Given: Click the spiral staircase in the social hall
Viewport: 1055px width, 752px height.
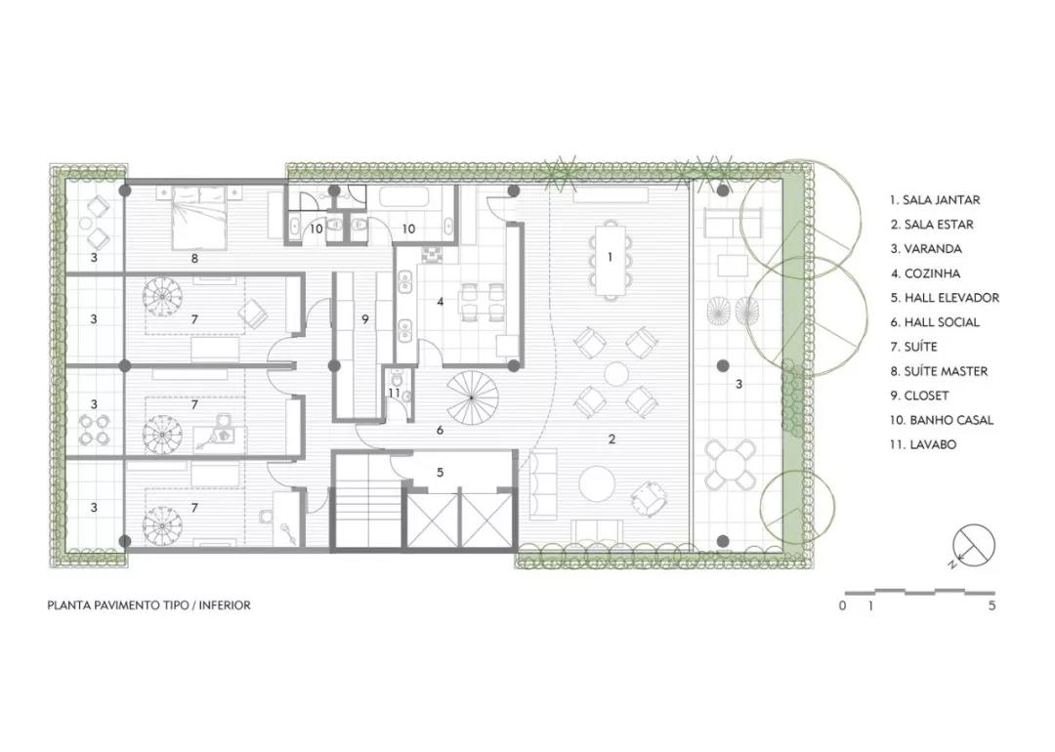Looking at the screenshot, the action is click(x=471, y=398).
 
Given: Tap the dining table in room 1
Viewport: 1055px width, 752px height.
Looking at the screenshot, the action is click(x=611, y=261).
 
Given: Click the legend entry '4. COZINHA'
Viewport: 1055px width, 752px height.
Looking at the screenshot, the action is click(x=925, y=273).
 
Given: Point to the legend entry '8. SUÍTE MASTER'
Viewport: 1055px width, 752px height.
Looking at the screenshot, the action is click(x=939, y=371).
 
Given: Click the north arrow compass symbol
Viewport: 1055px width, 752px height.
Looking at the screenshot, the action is click(x=973, y=546).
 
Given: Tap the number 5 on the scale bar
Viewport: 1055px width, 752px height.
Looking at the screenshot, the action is click(x=992, y=606).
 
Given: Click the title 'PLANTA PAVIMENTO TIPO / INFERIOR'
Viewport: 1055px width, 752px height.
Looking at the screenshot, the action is click(x=148, y=606).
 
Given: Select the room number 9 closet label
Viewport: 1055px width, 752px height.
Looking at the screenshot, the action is click(x=365, y=319).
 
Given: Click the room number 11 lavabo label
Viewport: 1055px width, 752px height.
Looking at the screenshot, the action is click(x=394, y=393).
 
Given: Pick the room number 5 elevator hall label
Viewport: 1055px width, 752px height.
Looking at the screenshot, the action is click(x=440, y=473).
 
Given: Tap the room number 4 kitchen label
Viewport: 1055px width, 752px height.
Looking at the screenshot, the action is click(x=440, y=302).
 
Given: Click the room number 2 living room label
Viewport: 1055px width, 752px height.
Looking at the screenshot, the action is click(x=612, y=439).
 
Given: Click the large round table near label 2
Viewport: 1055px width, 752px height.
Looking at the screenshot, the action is click(x=597, y=484).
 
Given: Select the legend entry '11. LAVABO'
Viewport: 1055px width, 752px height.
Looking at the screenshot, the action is click(x=922, y=444).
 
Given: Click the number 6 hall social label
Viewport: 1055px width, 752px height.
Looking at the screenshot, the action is click(x=440, y=430).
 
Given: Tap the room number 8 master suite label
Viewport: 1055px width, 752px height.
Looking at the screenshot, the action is click(x=194, y=258).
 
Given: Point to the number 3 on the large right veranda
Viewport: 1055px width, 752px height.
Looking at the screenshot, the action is click(x=738, y=384).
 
